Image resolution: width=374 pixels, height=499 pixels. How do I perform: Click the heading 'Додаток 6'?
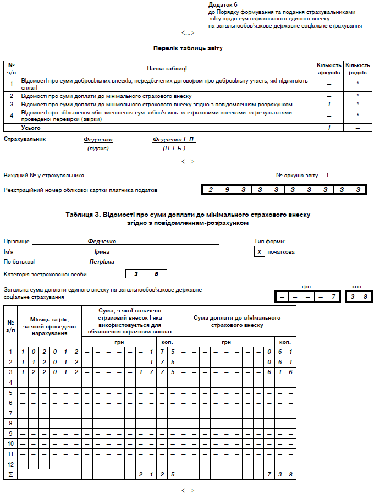point(223,4)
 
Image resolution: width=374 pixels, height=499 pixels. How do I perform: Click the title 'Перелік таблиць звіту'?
point(187,48)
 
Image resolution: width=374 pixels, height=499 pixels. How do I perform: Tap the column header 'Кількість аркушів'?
point(329,68)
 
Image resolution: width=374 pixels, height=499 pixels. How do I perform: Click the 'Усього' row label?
point(31,128)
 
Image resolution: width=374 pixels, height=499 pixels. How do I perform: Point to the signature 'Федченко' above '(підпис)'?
point(98,140)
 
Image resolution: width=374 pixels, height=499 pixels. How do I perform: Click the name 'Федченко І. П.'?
point(174,140)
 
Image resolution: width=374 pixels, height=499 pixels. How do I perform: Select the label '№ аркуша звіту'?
point(297,176)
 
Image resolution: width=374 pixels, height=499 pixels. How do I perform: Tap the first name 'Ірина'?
point(102,251)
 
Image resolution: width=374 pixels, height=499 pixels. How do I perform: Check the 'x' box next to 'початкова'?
point(259,252)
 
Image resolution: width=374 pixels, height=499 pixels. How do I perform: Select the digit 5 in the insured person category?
point(156,274)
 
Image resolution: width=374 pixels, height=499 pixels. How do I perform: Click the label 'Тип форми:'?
point(269,241)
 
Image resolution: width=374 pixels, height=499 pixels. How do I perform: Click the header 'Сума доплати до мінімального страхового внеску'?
point(237,321)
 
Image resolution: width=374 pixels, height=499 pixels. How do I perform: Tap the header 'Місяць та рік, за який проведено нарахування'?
point(49,326)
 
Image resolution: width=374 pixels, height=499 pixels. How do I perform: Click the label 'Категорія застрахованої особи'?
point(45,274)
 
